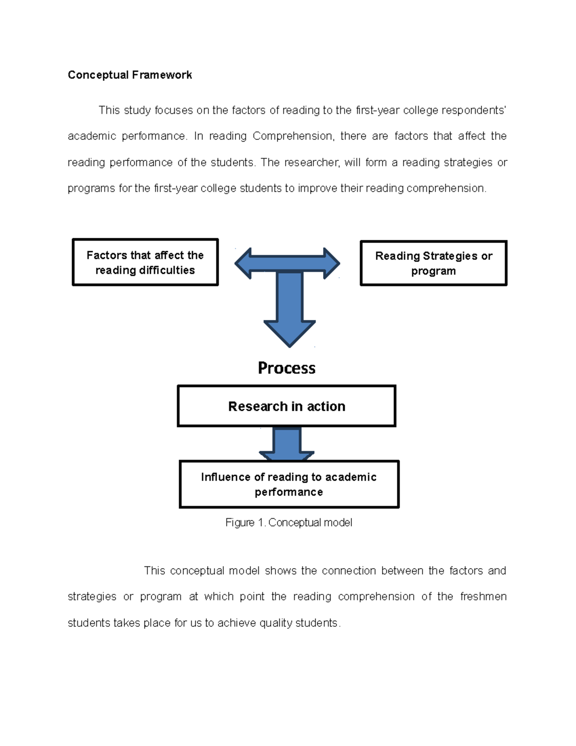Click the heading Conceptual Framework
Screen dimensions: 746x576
pyautogui.click(x=130, y=75)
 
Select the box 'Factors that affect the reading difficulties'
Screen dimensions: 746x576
pyautogui.click(x=145, y=262)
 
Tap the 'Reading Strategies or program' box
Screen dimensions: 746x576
pyautogui.click(x=433, y=263)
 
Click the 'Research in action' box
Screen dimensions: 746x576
pyautogui.click(x=287, y=406)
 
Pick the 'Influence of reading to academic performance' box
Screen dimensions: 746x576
pyautogui.click(x=289, y=484)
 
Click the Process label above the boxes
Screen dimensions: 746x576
pyautogui.click(x=287, y=368)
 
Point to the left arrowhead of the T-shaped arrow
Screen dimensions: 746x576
pyautogui.click(x=243, y=263)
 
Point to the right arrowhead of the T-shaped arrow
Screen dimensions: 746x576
pyautogui.click(x=331, y=263)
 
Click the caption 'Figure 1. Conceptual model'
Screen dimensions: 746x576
pyautogui.click(x=288, y=523)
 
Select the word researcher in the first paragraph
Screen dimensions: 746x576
pyautogui.click(x=312, y=162)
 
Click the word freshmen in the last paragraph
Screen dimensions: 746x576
pyautogui.click(x=483, y=597)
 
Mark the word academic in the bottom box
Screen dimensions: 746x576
pyautogui.click(x=350, y=477)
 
